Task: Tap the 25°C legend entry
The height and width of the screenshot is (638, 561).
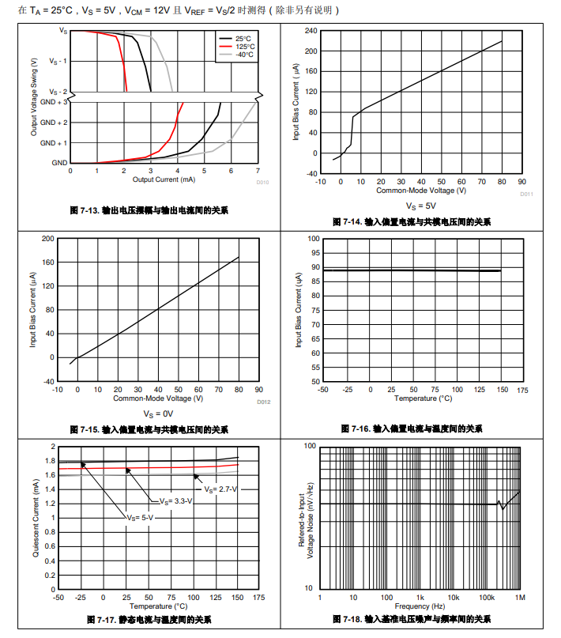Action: [242, 38]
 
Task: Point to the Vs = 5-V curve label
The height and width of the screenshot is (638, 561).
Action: [139, 517]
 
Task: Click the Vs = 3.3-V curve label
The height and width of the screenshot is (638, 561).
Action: [175, 501]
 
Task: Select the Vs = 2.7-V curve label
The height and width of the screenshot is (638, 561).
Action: [221, 489]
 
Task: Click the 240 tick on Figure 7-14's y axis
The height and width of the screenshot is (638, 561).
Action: [311, 31]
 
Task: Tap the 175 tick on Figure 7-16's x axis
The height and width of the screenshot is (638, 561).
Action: [522, 390]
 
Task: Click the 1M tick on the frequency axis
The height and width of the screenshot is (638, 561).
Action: [520, 597]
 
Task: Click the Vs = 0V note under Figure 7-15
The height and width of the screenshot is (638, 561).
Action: [158, 413]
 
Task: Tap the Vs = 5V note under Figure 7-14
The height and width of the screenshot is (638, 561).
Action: [420, 206]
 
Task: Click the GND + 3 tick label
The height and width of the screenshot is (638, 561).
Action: [54, 102]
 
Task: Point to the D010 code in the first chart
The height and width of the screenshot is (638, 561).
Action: [262, 183]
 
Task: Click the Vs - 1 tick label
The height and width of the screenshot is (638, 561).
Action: [58, 61]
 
